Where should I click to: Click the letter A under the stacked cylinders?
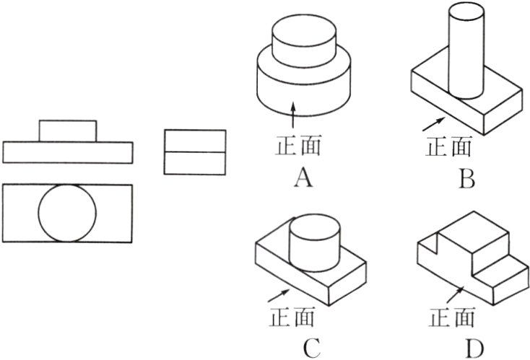pos(303,175)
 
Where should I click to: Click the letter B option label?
pos(468,176)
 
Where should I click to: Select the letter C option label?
pos(311,348)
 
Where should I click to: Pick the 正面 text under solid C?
pos(292,317)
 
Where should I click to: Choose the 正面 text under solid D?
pos(453,317)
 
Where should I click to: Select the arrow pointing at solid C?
pos(277,295)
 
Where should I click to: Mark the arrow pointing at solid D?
pos(454,294)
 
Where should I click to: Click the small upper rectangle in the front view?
pos(67,131)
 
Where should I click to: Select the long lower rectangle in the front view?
pos(68,152)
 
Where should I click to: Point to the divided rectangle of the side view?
pos(195,152)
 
